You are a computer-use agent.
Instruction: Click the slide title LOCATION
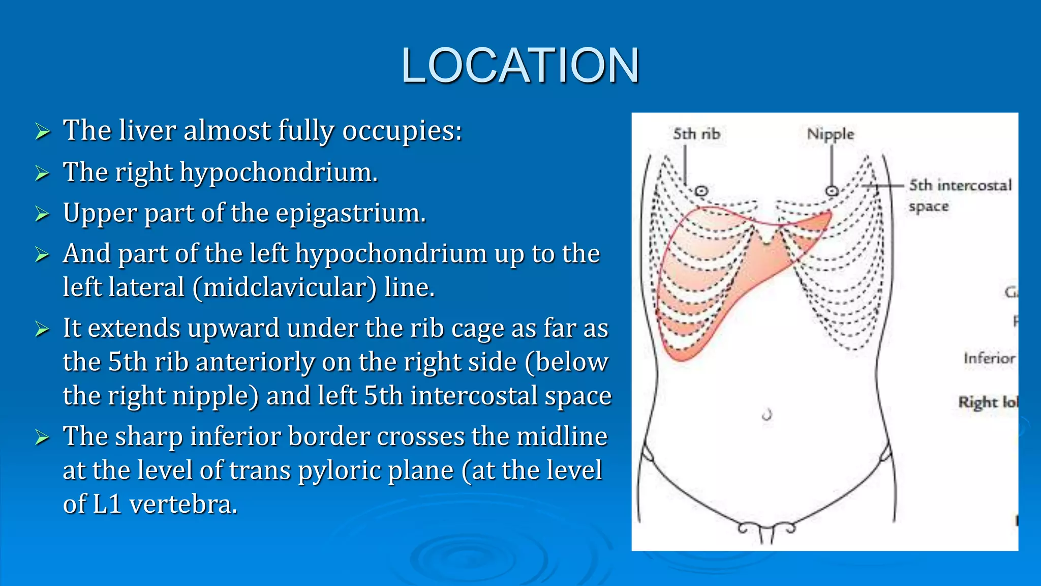tap(519, 66)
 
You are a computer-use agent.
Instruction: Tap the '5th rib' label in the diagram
tap(696, 134)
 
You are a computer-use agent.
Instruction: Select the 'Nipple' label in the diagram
tap(831, 134)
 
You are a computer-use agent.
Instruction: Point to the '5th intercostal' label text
tap(960, 185)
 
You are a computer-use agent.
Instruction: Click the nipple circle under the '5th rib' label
tap(701, 191)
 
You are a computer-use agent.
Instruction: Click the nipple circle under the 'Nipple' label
tap(832, 191)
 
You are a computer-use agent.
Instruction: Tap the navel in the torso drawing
tap(767, 415)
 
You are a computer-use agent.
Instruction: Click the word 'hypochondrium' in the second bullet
tap(279, 172)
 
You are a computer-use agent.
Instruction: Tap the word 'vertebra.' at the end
tap(183, 504)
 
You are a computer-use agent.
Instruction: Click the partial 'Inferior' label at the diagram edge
tap(989, 358)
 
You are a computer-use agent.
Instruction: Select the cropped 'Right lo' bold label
tap(988, 402)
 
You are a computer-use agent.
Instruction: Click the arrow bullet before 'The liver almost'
tap(43, 132)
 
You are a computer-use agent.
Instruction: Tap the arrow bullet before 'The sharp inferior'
tap(43, 437)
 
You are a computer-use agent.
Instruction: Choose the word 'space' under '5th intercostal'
tap(929, 207)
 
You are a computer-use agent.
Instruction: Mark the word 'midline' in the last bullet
tap(565, 436)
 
